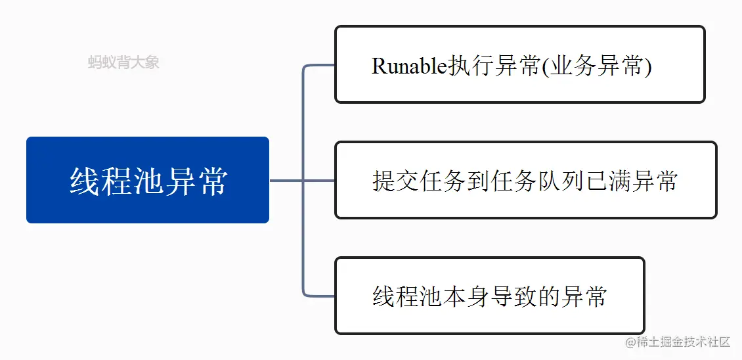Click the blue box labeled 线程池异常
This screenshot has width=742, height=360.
(148, 180)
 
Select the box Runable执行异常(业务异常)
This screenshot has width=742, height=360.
(520, 64)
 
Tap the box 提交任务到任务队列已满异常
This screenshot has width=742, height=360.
(526, 180)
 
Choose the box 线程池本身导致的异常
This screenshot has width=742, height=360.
(490, 296)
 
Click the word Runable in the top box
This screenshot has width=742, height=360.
(409, 67)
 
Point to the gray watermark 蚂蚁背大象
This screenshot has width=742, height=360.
(123, 62)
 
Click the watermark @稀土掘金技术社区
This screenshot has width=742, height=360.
(678, 342)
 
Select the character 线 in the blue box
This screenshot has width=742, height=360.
(85, 181)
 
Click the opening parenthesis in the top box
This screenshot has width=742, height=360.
(545, 67)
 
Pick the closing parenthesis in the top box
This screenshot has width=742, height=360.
(648, 67)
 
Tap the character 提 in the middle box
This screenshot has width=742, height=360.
(383, 181)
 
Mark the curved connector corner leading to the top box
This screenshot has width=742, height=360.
(306, 68)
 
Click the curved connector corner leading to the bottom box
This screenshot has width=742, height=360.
(306, 293)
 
